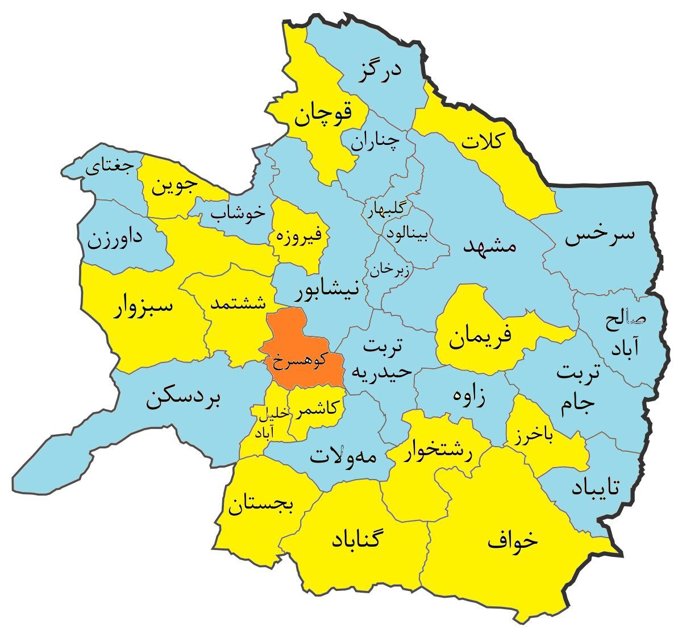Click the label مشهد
(x=489, y=245)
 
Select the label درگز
(x=380, y=72)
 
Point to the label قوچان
(x=322, y=115)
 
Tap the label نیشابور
(x=327, y=292)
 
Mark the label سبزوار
(x=143, y=307)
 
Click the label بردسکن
(x=186, y=399)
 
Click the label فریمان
(x=480, y=336)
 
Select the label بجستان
(x=261, y=505)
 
